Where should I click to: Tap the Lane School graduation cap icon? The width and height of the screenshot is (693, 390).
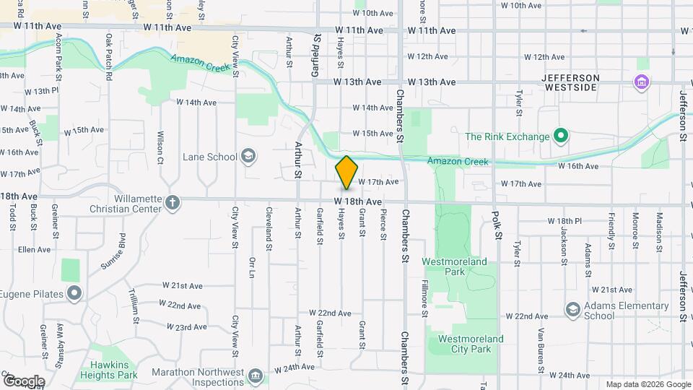click(x=248, y=156)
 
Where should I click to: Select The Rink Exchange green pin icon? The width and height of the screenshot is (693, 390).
click(x=560, y=136)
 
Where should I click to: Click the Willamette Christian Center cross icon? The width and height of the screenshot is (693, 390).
click(x=172, y=202)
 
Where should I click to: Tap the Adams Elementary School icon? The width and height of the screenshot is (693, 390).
click(x=572, y=310)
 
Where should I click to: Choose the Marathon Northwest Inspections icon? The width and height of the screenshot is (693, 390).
click(x=255, y=376)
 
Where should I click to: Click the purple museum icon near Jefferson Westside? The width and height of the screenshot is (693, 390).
click(x=640, y=82)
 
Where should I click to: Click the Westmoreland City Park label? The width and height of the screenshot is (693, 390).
click(x=465, y=344)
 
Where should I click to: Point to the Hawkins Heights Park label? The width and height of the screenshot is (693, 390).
click(x=108, y=370)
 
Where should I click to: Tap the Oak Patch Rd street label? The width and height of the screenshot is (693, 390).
click(x=108, y=56)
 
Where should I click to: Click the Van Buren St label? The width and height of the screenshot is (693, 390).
click(x=540, y=343)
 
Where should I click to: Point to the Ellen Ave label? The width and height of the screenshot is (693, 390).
click(x=34, y=249)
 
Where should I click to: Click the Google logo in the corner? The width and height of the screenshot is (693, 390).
click(x=23, y=381)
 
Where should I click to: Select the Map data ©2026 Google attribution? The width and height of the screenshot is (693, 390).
click(x=648, y=384)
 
